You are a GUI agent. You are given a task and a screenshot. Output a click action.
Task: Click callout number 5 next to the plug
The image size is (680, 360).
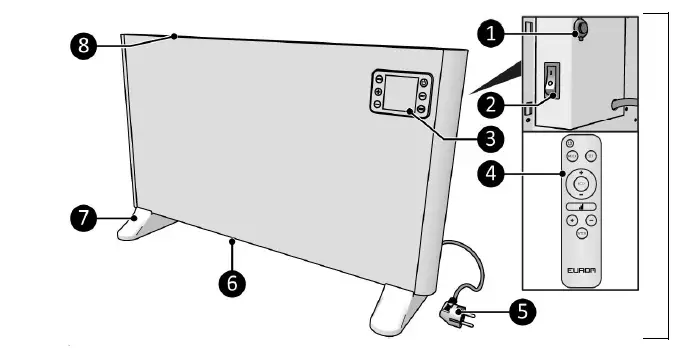[519, 310]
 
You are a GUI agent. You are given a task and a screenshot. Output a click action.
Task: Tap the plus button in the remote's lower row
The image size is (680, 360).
[571, 219]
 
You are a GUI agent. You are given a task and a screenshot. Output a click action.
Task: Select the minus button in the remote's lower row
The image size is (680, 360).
[591, 219]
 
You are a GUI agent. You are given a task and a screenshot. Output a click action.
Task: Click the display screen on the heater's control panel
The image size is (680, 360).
[402, 93]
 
